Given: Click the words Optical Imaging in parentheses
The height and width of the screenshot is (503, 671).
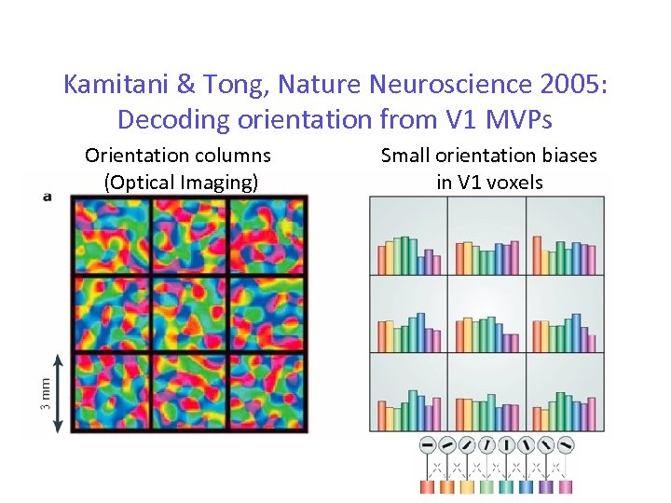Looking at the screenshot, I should pyautogui.click(x=182, y=181).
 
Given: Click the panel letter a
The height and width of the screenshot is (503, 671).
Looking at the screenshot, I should pyautogui.click(x=48, y=197).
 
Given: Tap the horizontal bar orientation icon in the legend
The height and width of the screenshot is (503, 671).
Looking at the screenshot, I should pyautogui.click(x=428, y=445).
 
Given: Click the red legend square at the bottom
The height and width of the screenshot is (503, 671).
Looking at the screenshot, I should pyautogui.click(x=428, y=486).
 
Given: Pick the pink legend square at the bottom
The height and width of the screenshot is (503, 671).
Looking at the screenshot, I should pyautogui.click(x=568, y=486).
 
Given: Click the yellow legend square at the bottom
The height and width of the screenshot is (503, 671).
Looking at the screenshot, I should pyautogui.click(x=468, y=486).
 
